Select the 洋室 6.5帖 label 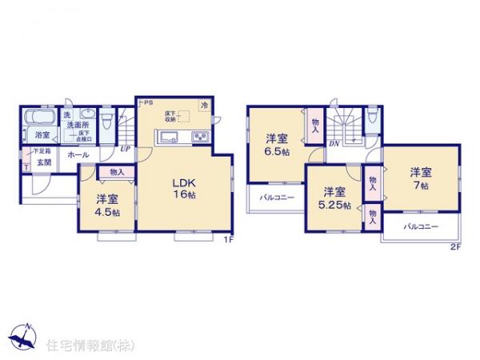coord(278,143)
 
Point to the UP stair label coord(126,149)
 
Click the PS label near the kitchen coord(149,102)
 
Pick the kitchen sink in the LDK coord(169,138)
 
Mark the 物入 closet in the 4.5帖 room coord(117,171)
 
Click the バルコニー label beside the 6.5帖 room coord(277,198)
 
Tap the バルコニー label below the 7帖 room coord(421,227)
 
